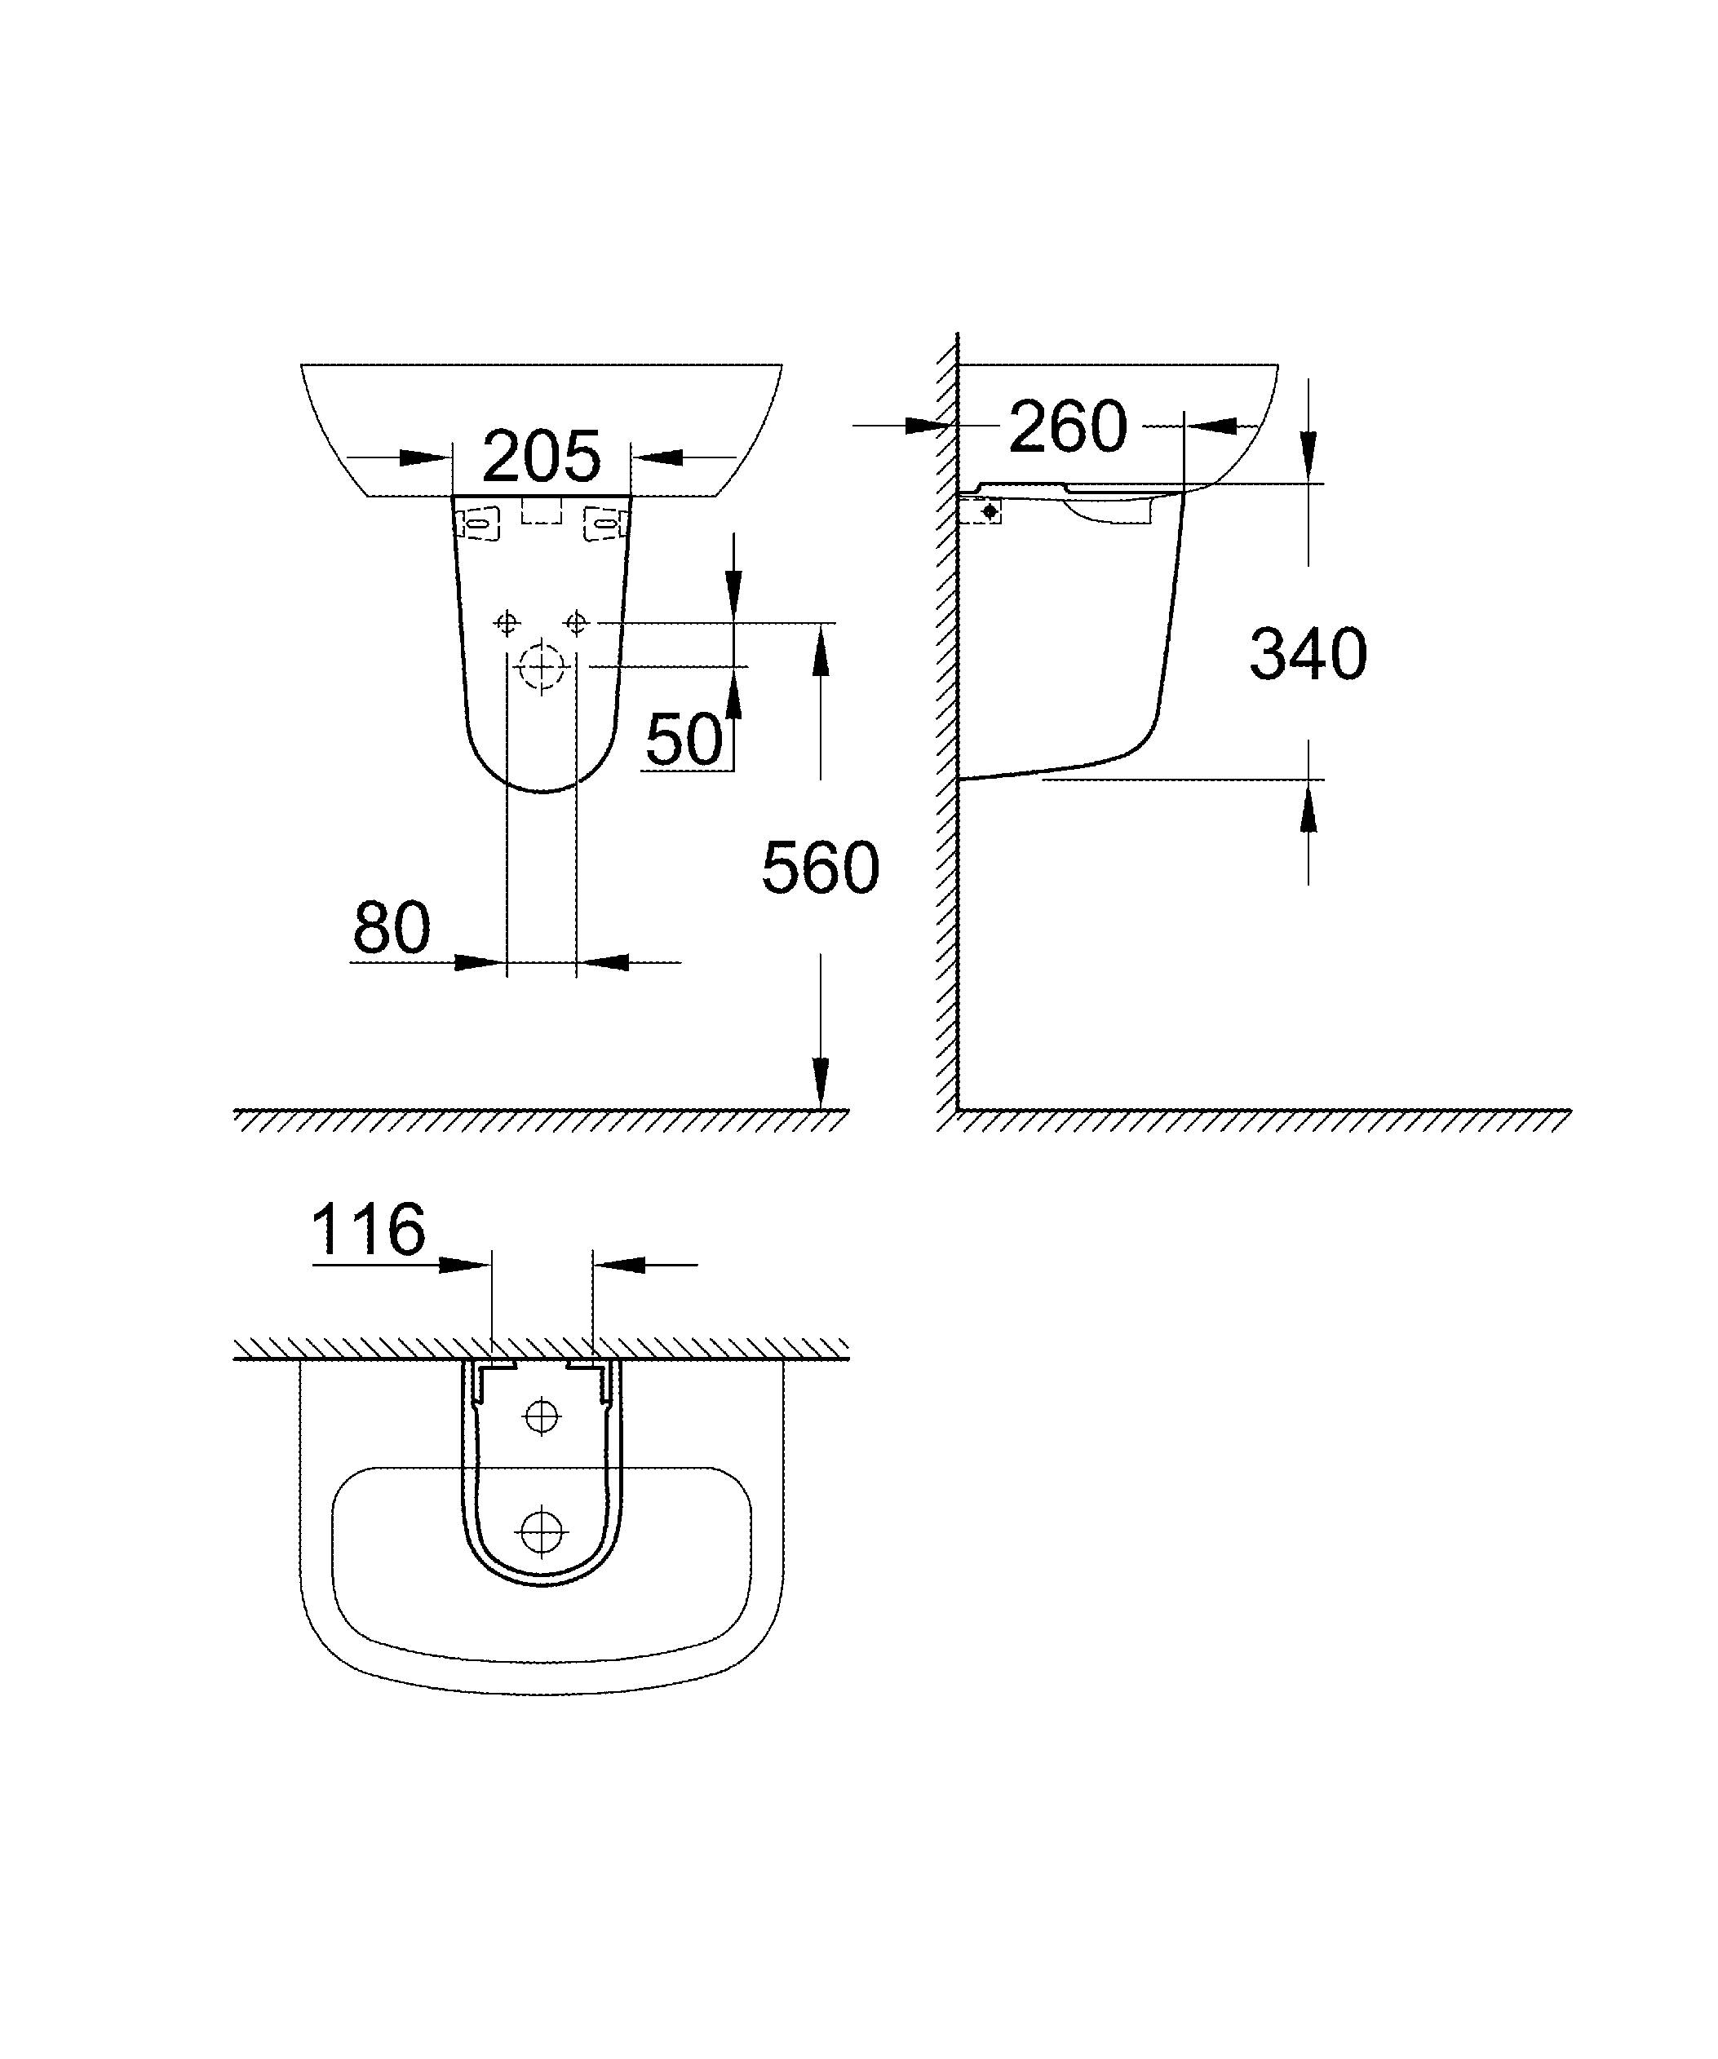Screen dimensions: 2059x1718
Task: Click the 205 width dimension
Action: [542, 456]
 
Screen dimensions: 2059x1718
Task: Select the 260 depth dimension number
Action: [1068, 426]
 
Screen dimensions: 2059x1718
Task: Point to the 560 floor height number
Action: [820, 868]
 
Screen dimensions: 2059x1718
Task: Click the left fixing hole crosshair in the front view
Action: [507, 623]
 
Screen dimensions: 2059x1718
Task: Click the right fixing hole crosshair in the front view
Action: [577, 623]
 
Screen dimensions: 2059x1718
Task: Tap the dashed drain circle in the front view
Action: [542, 667]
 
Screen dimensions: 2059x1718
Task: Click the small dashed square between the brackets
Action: [542, 510]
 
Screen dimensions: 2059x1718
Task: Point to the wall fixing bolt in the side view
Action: [990, 510]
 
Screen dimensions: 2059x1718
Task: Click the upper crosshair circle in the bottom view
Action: [542, 1416]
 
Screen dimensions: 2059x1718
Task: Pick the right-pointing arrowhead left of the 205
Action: [424, 457]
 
